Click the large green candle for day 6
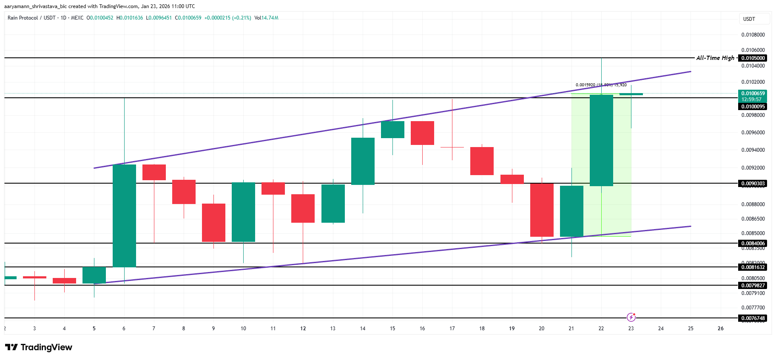click(124, 215)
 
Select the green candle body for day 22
click(601, 140)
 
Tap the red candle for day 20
click(542, 210)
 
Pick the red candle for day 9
click(213, 222)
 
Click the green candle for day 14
click(363, 161)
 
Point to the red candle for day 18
click(482, 161)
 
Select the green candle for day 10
click(243, 212)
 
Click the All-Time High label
click(715, 58)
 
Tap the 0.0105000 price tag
click(753, 58)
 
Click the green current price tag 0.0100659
click(753, 94)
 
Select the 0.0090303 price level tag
click(753, 184)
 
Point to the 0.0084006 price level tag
click(753, 244)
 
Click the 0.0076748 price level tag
click(753, 318)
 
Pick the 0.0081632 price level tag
click(753, 267)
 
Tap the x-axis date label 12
click(303, 329)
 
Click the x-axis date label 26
click(720, 329)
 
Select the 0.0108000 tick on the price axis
click(753, 35)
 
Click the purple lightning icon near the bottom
click(631, 317)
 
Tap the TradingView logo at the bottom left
click(39, 347)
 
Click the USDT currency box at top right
click(754, 19)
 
